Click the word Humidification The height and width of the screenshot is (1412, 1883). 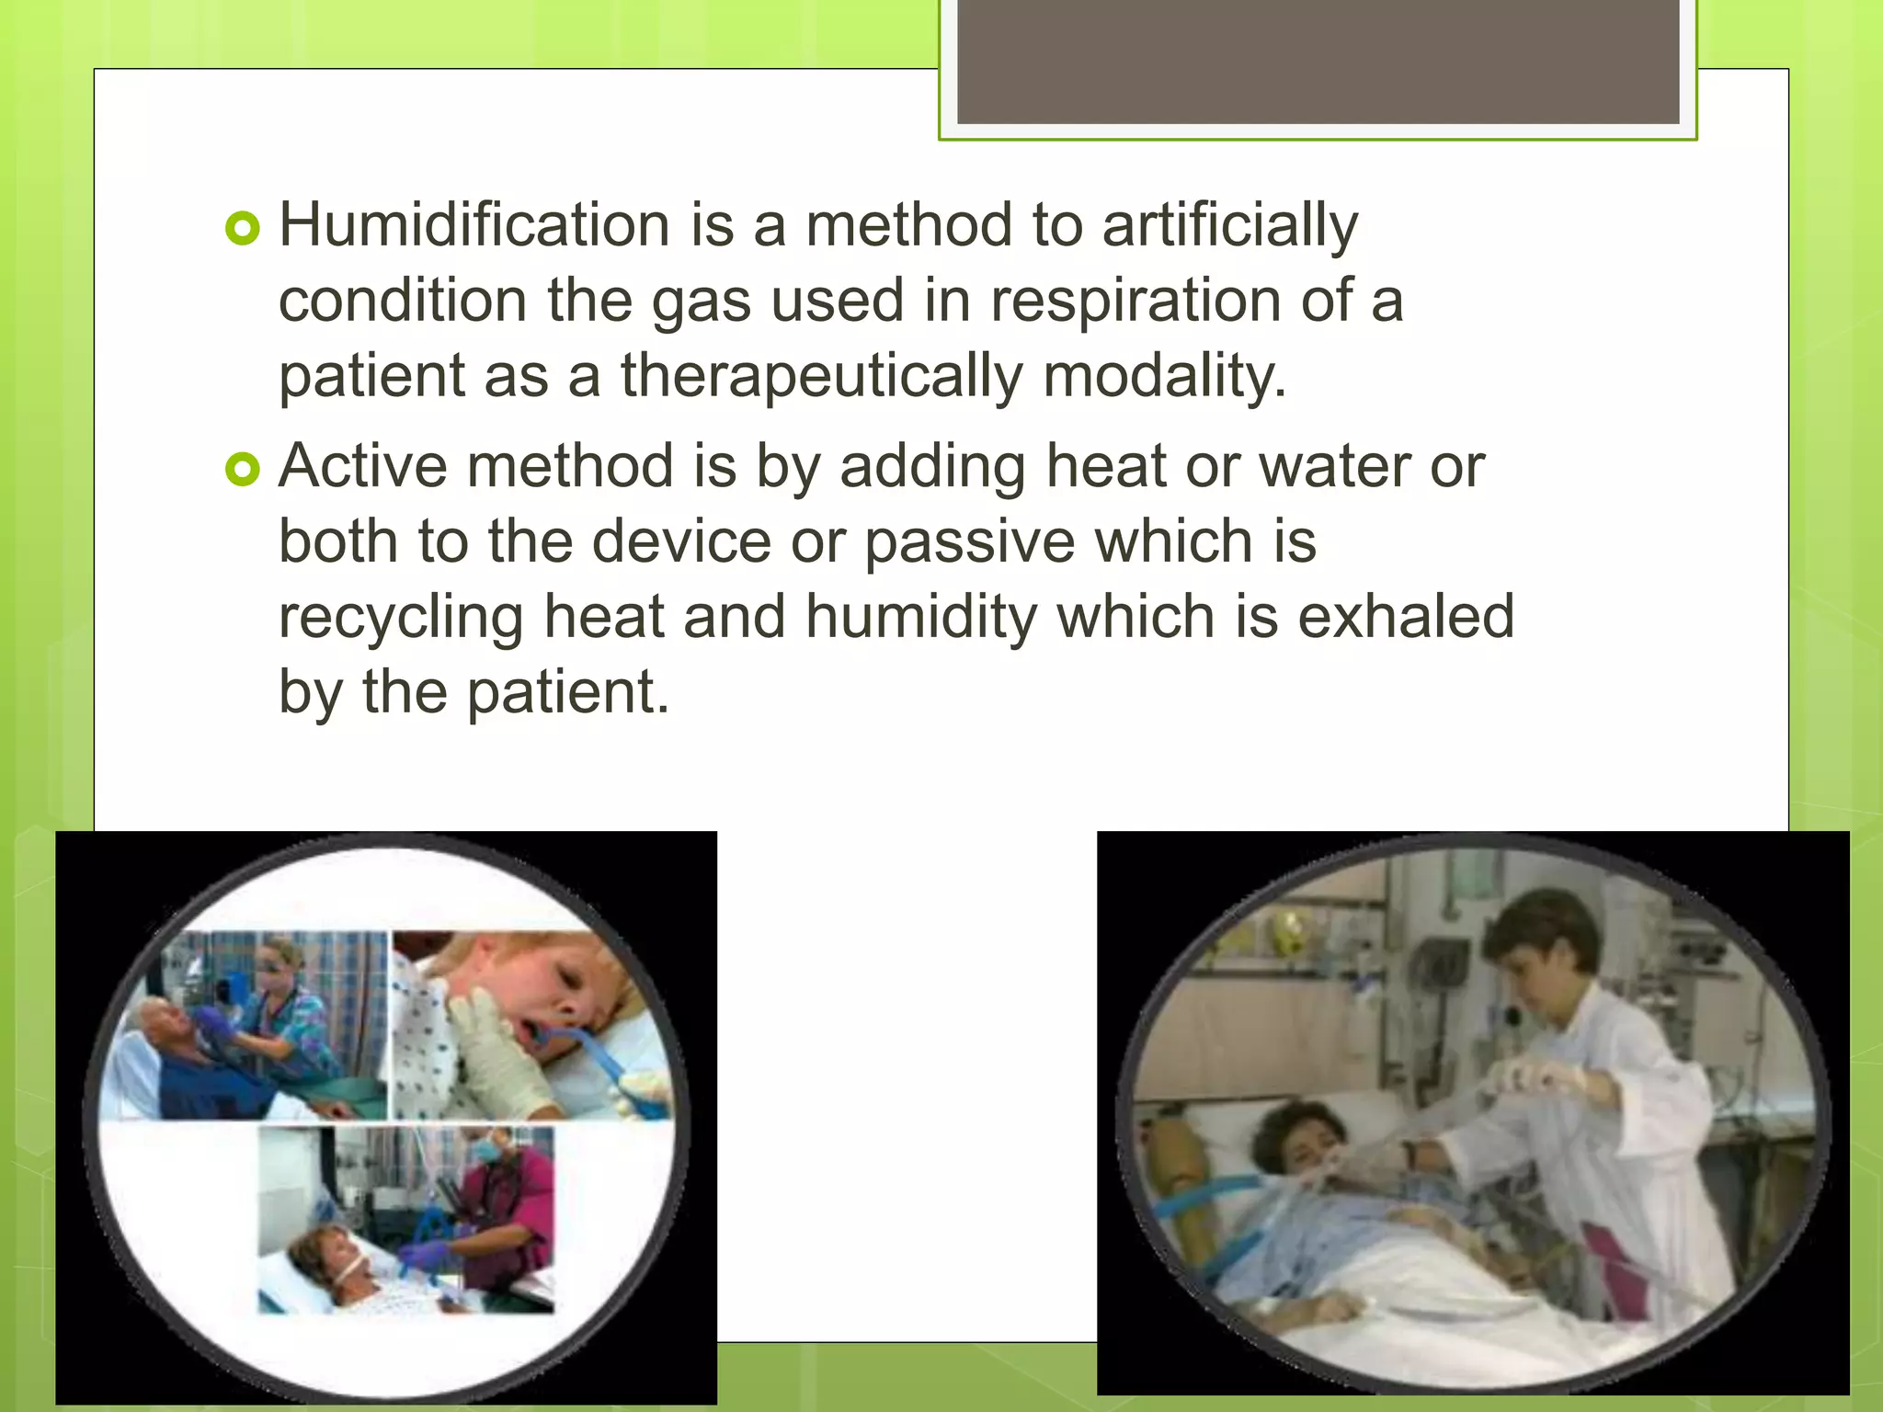(x=474, y=225)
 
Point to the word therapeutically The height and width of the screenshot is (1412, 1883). (x=821, y=377)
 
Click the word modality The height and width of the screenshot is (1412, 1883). (x=1164, y=377)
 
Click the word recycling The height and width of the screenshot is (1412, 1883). (x=400, y=618)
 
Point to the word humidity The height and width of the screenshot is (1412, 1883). (x=921, y=618)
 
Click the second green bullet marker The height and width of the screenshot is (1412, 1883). (x=243, y=470)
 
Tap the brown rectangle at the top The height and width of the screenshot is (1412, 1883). (x=1318, y=61)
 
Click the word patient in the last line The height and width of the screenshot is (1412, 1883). (x=567, y=692)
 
